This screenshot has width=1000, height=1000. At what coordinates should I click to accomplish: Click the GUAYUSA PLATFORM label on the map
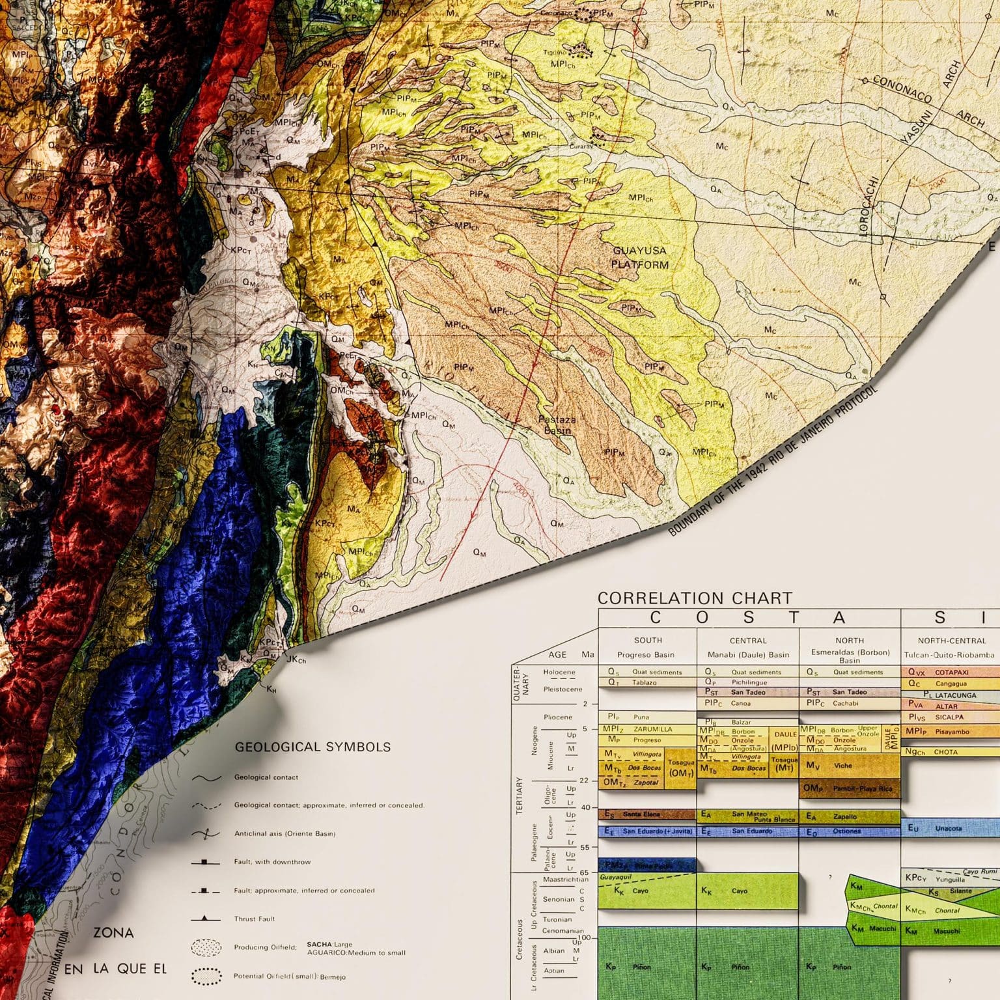pyautogui.click(x=640, y=258)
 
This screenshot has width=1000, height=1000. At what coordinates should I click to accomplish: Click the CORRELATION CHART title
pyautogui.click(x=695, y=598)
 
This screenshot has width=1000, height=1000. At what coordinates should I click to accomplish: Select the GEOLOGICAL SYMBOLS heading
pyautogui.click(x=312, y=747)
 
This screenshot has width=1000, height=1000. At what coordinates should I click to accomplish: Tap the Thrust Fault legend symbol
pyautogui.click(x=205, y=919)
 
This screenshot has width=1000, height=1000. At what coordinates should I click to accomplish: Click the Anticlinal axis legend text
pyautogui.click(x=285, y=833)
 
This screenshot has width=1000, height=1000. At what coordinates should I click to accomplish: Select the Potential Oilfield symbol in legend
pyautogui.click(x=206, y=977)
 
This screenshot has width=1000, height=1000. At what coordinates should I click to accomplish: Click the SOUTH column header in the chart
pyautogui.click(x=648, y=641)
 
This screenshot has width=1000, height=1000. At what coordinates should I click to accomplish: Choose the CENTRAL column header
pyautogui.click(x=748, y=641)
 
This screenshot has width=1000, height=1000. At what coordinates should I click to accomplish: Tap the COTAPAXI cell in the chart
pyautogui.click(x=952, y=672)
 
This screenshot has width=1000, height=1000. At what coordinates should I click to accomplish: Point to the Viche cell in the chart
pyautogui.click(x=842, y=766)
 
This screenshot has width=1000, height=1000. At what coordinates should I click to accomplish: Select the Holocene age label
pyautogui.click(x=559, y=672)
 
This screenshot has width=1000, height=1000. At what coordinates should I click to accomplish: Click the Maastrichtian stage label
pyautogui.click(x=565, y=880)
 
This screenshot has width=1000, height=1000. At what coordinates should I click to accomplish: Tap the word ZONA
pyautogui.click(x=113, y=933)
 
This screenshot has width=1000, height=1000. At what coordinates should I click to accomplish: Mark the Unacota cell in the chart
pyautogui.click(x=948, y=829)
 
